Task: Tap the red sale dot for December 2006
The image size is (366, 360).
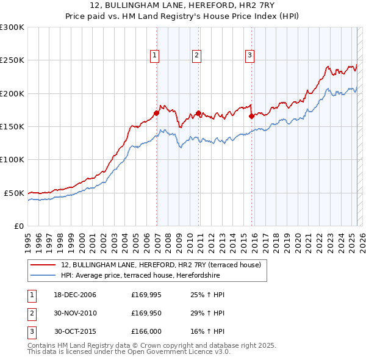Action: (x=157, y=113)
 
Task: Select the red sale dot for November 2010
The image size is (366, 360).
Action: (x=199, y=113)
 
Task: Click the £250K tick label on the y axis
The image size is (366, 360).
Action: (x=12, y=60)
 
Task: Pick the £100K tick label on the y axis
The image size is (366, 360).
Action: (x=12, y=159)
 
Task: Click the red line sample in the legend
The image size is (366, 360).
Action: (x=43, y=265)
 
